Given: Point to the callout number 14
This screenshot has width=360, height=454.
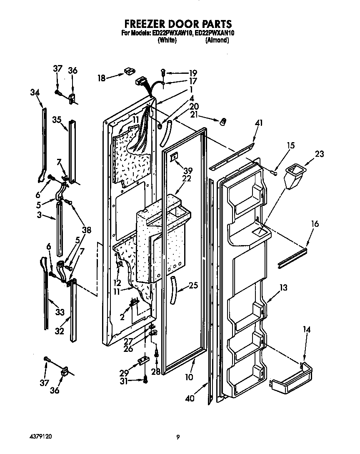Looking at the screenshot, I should coord(307,329).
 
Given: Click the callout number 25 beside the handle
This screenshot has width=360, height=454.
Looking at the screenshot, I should coord(192,286).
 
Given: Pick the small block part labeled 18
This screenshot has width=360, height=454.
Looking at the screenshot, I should coord(128,73).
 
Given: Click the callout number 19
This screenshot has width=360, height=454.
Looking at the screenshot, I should coord(192,73).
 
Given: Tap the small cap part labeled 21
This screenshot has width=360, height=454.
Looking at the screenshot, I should coord(223,121).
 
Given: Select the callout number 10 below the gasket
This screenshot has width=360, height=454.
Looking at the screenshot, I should coord(189,377).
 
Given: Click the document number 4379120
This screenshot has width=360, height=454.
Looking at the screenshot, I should coord(40,436).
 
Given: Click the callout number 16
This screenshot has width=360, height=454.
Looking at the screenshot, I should coord(315,224).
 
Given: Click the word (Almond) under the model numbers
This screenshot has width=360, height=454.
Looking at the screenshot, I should coord(217,40).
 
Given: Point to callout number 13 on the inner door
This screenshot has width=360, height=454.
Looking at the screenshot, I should coord(283,288).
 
